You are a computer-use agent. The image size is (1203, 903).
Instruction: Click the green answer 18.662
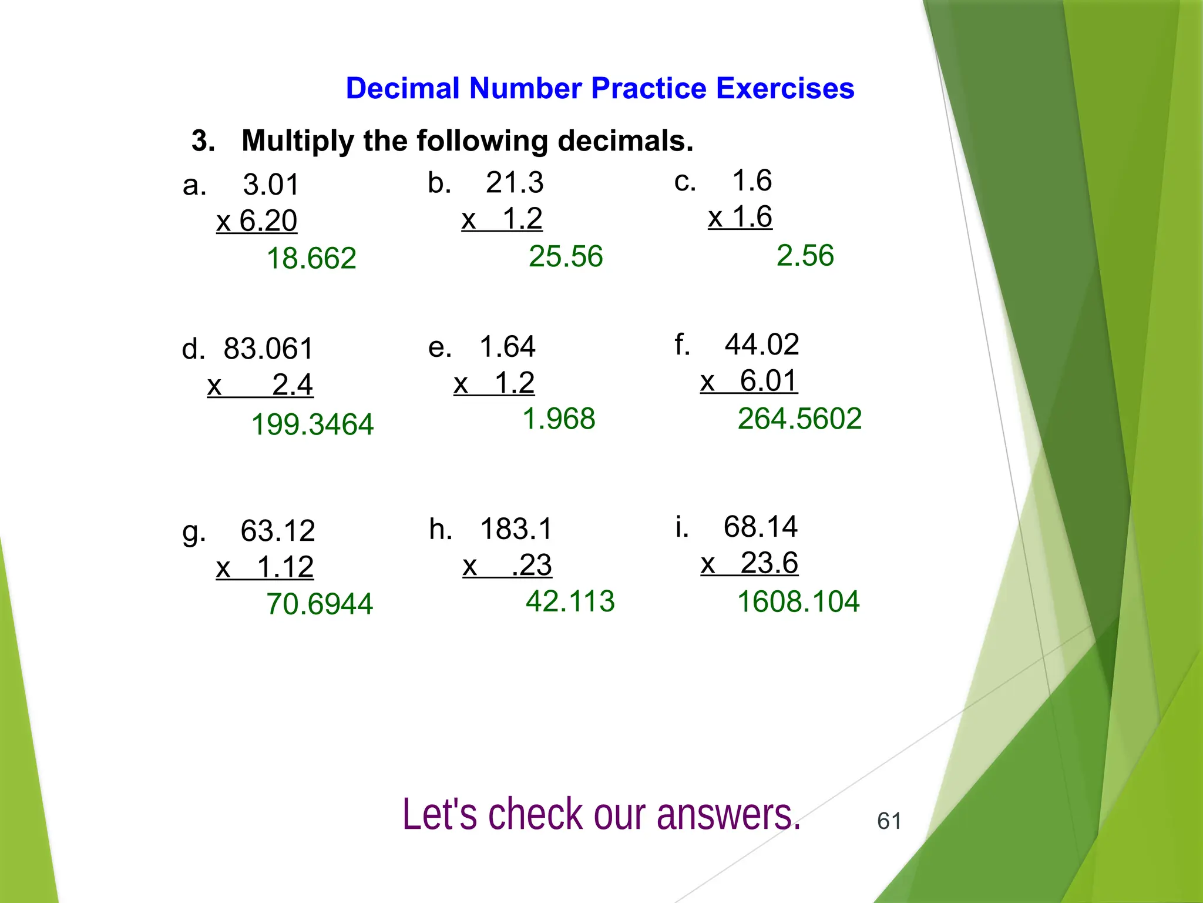pos(311,259)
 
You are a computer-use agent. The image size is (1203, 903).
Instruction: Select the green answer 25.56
pos(566,257)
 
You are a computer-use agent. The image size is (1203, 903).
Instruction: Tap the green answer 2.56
pos(805,256)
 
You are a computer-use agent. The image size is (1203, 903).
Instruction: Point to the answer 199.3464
pos(312,424)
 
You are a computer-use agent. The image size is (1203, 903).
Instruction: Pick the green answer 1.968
pos(559,419)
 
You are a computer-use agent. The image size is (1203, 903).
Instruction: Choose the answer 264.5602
pos(799,419)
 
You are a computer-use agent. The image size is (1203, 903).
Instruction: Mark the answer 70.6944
pos(320,604)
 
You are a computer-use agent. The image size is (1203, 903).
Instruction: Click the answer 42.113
pos(570,601)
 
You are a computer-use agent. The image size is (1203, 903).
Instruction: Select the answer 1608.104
pos(798,602)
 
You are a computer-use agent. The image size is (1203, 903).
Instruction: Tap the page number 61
pos(889,821)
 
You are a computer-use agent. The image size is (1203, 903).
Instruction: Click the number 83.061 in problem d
pos(268,349)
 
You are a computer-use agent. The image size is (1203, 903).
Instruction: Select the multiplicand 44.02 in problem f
pos(762,345)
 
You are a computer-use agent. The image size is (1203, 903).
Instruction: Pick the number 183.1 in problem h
pos(516,529)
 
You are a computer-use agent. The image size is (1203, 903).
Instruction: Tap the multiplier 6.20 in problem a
pos(268,221)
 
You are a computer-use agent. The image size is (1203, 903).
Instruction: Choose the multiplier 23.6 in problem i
pos(769,563)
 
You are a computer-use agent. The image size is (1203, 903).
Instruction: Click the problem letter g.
pos(194,533)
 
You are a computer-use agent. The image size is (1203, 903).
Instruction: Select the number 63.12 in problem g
pos(278,531)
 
